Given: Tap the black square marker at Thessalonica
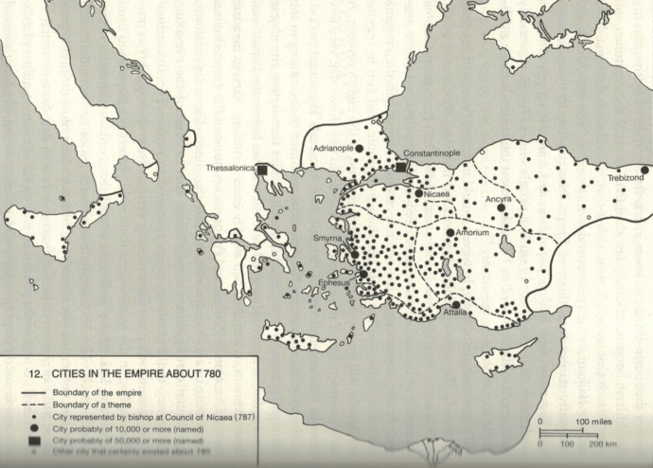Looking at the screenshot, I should coord(262,169).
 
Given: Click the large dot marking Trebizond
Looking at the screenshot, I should coord(644,171).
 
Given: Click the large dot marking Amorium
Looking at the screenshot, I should coord(450,232).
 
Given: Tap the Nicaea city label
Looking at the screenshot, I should coord(437,194).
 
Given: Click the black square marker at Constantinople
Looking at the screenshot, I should coord(401,167).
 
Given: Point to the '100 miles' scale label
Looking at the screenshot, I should coord(596,420).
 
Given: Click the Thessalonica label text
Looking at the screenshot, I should coord(230,169).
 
